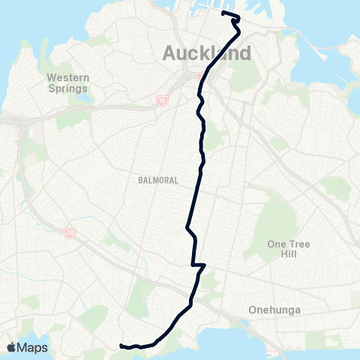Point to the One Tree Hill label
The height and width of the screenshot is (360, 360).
[x=288, y=249]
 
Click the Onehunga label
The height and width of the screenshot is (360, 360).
[x=274, y=309]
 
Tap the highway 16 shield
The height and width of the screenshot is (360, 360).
[x=163, y=100]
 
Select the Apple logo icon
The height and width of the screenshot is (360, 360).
[x=12, y=347]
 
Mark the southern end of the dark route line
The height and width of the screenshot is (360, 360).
[x=121, y=346]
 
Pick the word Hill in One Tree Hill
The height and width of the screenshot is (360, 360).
[x=288, y=254]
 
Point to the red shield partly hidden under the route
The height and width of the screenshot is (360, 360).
[x=199, y=75]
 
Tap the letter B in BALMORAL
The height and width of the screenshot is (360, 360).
[x=140, y=181]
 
